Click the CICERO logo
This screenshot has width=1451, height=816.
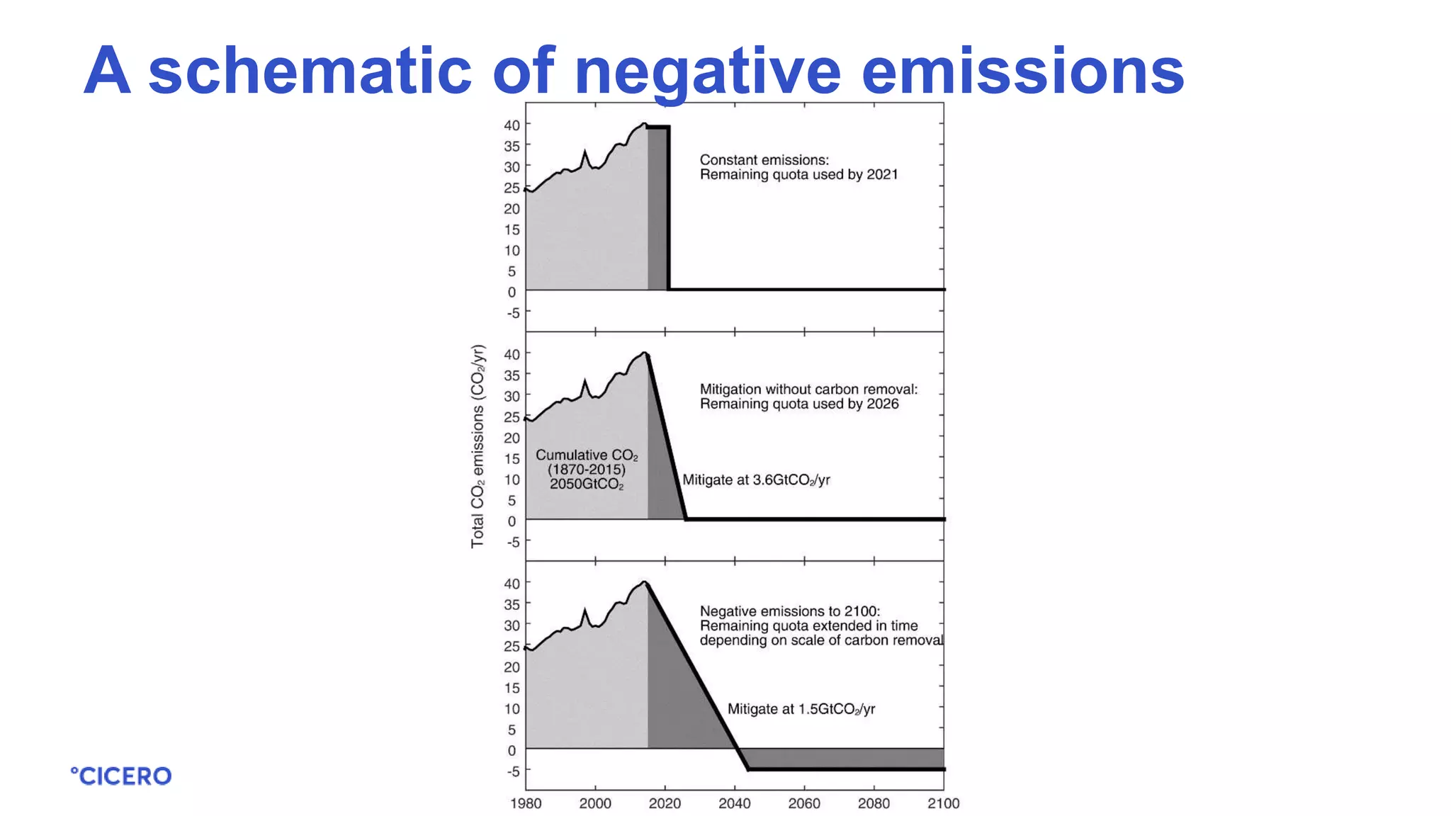121,776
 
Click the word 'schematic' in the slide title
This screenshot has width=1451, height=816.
310,70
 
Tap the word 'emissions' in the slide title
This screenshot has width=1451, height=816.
1022,70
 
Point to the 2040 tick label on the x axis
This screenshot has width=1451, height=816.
734,803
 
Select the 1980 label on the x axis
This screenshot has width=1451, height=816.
526,803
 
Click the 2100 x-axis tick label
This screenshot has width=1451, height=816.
943,803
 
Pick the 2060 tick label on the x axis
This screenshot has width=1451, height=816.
804,803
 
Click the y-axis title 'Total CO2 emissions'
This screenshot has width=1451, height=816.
478,446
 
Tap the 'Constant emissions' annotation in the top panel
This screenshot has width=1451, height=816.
764,160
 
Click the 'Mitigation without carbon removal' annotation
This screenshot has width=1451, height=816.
808,389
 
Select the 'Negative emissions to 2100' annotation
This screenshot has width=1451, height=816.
789,611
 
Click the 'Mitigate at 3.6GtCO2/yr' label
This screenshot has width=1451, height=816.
756,480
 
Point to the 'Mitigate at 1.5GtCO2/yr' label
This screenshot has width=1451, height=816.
801,709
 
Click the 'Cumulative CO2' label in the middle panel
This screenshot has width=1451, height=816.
587,455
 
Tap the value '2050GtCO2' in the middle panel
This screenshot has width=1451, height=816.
587,484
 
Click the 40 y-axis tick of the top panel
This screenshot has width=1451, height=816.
512,125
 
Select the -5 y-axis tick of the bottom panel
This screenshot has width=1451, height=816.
512,771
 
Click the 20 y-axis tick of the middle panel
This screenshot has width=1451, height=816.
512,438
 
